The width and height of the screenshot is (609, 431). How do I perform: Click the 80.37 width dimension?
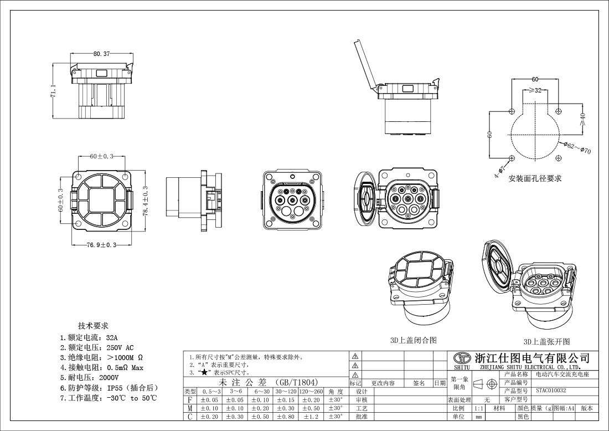click(101, 54)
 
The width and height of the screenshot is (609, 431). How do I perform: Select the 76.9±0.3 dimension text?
click(101, 245)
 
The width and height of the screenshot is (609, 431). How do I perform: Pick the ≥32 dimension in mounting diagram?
click(535, 90)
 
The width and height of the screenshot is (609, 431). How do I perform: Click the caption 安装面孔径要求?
click(535, 178)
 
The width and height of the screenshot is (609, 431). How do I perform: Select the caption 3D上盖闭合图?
click(414, 340)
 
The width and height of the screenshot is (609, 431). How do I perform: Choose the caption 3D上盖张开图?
click(546, 342)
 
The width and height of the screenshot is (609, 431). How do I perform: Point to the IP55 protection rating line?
click(109, 388)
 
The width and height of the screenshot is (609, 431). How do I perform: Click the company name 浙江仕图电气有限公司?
click(530, 358)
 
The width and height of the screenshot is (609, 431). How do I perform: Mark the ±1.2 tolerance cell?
click(311, 417)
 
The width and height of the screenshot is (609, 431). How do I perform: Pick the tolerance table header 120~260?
click(311, 392)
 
